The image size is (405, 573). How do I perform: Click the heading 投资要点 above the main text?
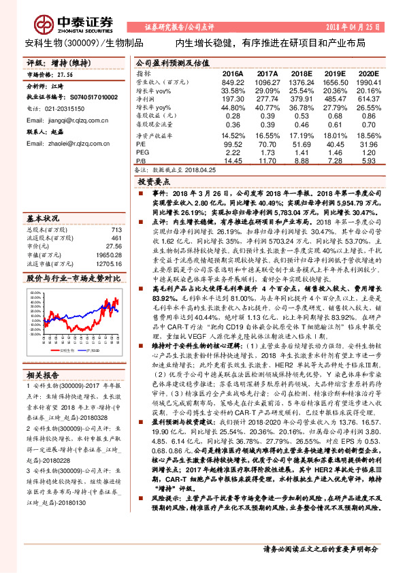pos(155,182)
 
